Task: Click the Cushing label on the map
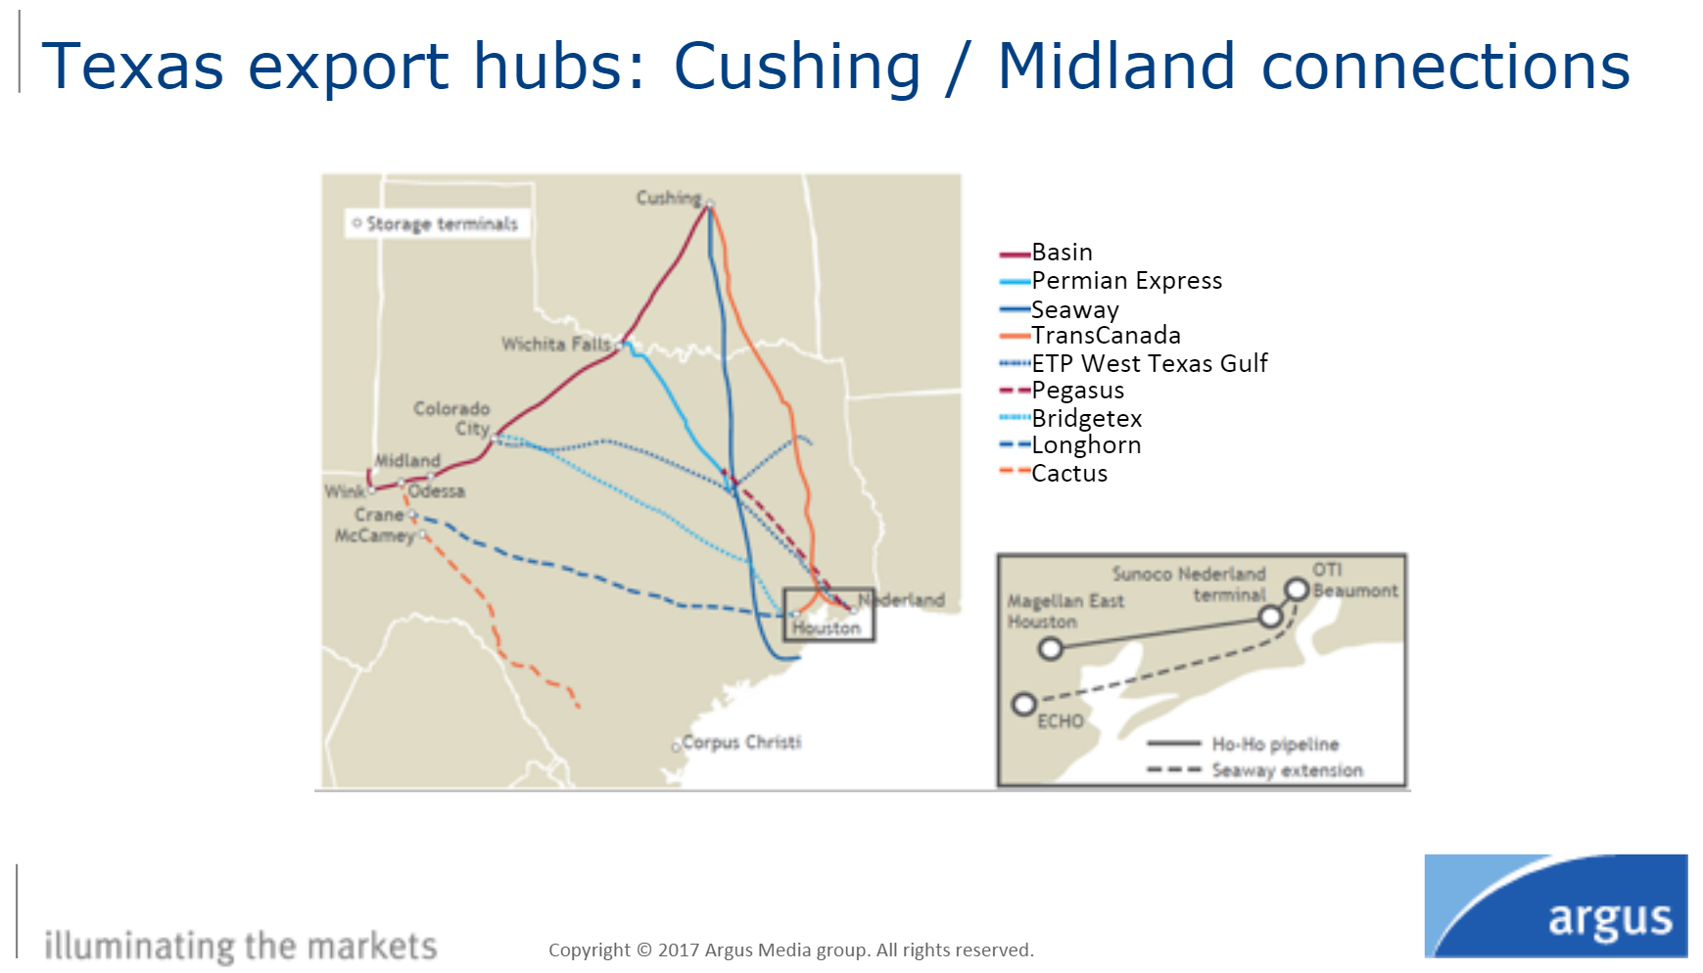[669, 198]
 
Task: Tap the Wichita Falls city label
[555, 345]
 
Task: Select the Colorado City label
[452, 418]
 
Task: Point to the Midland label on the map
[407, 460]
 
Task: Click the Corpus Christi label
[741, 742]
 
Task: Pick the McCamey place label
[374, 535]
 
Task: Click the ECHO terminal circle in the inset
[1024, 704]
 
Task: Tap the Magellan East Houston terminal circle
[1051, 648]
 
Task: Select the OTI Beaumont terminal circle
[1298, 589]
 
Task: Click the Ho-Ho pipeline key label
[1275, 745]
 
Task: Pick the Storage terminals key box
[438, 224]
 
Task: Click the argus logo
[1556, 905]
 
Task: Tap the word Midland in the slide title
[1116, 67]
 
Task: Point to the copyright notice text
[791, 950]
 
